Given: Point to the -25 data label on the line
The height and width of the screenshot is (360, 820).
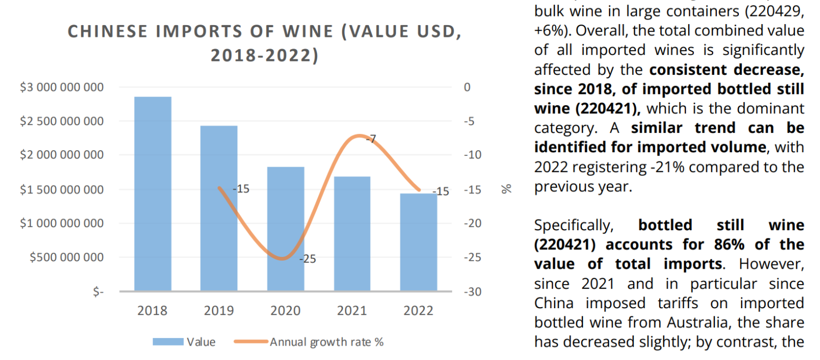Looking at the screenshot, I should (x=307, y=259).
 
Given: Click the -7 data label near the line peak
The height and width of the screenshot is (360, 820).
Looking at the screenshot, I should (x=371, y=139).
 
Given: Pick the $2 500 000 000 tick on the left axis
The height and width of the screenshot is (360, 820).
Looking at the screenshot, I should (x=62, y=121).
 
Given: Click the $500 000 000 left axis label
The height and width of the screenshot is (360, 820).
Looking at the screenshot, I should (x=67, y=257).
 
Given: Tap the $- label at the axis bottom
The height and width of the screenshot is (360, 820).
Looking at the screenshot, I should (x=98, y=292).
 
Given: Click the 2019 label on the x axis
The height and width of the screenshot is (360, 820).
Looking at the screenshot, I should (x=219, y=311).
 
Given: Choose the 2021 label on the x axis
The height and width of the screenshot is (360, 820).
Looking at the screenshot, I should (x=352, y=311).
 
